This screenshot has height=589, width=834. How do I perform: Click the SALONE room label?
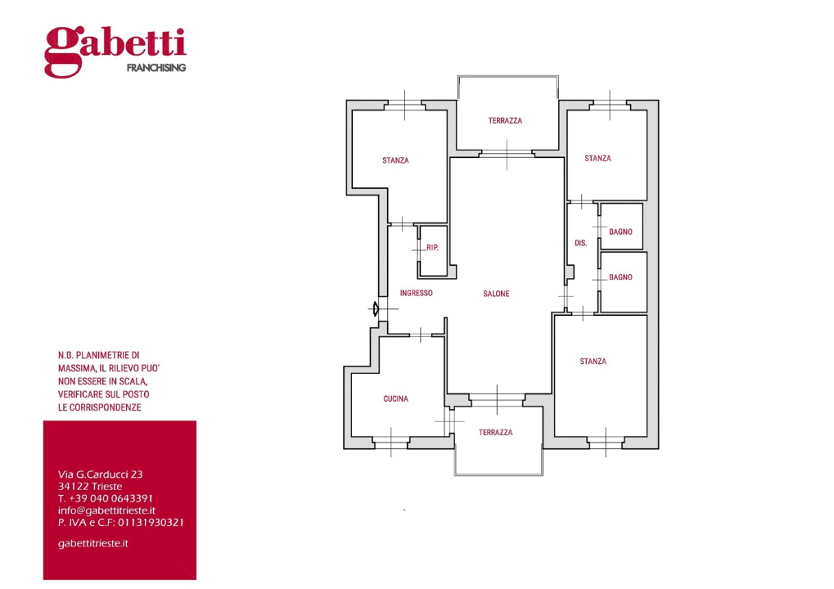496,294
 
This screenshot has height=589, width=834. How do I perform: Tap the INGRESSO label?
416,293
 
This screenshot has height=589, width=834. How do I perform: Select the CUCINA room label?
396,398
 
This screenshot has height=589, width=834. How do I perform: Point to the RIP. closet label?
432,248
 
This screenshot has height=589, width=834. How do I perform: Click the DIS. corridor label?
581,243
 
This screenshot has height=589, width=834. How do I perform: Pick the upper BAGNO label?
620,232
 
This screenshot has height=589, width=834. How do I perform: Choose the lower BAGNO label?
620,277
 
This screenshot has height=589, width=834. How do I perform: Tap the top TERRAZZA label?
505,121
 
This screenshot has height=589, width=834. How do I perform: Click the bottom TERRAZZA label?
496,432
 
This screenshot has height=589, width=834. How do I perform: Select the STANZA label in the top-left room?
396,160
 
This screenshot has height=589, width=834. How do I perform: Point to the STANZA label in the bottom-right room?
593,362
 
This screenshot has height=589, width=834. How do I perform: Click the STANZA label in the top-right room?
597,158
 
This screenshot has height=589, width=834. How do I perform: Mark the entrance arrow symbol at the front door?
375,308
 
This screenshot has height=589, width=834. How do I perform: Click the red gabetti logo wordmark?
115,51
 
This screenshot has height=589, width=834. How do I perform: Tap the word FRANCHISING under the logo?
156,68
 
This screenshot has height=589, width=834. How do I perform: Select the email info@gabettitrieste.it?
106,510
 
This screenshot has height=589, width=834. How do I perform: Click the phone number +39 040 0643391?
110,498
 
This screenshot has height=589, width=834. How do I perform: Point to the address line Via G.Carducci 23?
100,474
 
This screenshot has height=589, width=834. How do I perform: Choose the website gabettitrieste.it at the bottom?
93,543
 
